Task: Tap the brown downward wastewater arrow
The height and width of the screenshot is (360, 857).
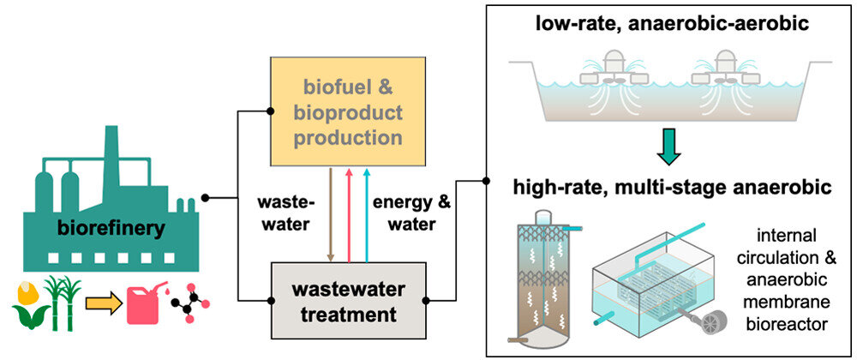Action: (x=332, y=214)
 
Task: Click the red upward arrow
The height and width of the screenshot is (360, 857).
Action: (x=349, y=214)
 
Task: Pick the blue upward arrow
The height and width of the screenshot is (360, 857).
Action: (x=367, y=214)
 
